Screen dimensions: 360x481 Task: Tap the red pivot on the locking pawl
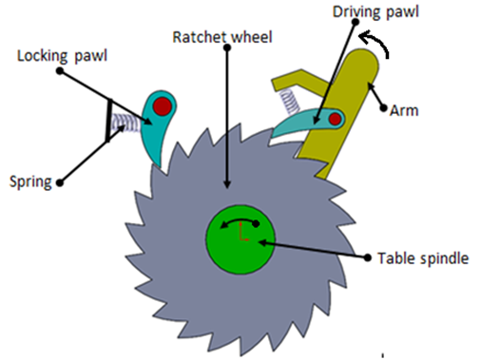pyautogui.click(x=164, y=105)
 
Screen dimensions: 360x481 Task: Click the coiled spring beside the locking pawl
pyautogui.click(x=128, y=122)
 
